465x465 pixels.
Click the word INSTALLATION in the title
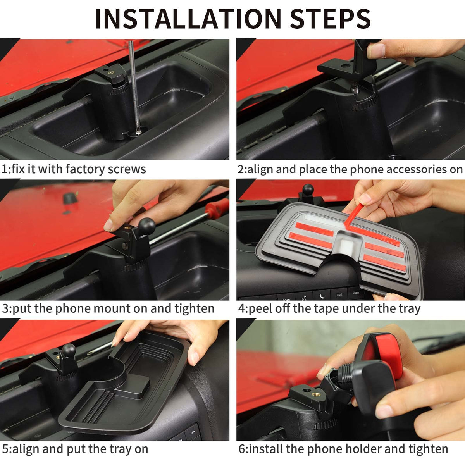click(x=188, y=19)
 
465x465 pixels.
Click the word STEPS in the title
click(x=330, y=19)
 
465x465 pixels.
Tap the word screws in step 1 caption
click(x=127, y=169)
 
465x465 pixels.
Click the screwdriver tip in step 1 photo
click(x=138, y=132)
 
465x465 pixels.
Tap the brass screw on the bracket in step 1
click(x=111, y=72)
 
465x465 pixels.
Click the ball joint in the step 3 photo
click(x=147, y=226)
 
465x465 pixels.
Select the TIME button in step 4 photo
click(x=339, y=294)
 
